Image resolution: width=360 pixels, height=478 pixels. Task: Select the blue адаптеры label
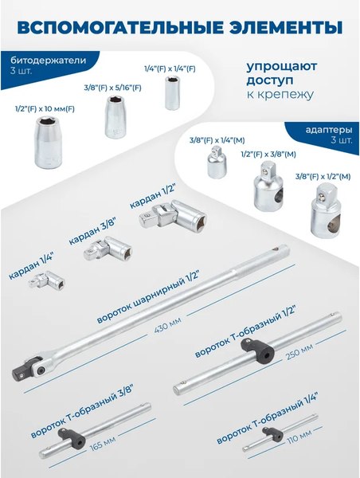tap(327, 128)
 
